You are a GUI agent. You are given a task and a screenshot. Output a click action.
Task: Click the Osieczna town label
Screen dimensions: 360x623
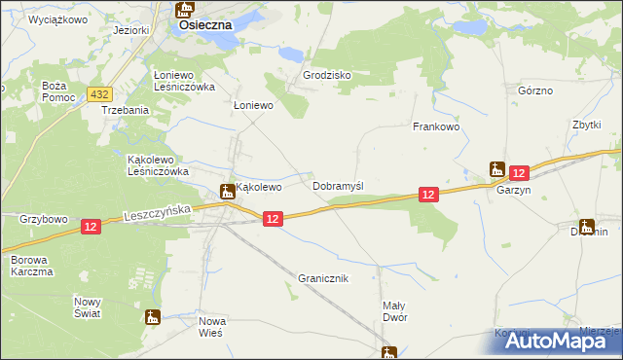[x=204, y=26]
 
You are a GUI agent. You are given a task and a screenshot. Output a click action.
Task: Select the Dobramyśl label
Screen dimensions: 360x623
[x=338, y=185]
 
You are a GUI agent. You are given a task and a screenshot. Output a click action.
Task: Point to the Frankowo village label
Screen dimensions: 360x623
[x=435, y=126]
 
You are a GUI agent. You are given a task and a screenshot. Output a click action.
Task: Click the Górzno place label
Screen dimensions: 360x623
[x=535, y=90]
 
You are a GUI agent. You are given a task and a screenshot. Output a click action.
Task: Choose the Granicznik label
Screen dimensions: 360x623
[x=323, y=278]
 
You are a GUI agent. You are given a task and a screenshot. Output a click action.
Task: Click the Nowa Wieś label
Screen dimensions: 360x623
[x=211, y=326]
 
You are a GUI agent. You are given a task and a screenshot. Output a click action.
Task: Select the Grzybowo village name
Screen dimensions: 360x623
[x=42, y=219]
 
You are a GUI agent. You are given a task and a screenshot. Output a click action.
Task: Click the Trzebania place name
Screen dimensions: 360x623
[x=126, y=110]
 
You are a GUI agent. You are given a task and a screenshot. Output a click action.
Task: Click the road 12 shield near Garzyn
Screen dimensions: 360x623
[x=518, y=172]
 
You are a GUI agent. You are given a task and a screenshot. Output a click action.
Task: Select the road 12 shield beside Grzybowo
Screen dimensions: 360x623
[x=91, y=226]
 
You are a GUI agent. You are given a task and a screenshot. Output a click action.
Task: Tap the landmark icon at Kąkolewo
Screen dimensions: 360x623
[x=226, y=191]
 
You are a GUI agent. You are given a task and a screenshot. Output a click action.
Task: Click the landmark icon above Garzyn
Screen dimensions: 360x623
[x=497, y=168]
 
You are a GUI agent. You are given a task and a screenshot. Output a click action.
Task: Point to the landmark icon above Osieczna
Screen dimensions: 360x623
[x=184, y=10]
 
